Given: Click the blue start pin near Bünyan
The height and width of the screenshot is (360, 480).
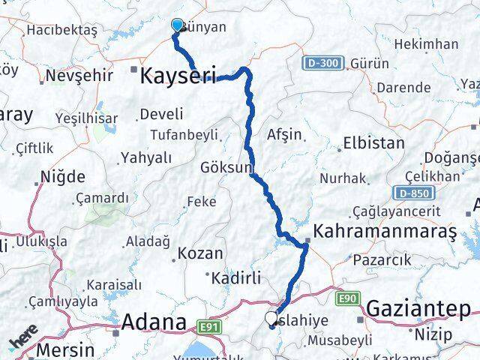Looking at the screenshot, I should (177, 25).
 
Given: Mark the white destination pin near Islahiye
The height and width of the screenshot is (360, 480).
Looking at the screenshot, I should (271, 318).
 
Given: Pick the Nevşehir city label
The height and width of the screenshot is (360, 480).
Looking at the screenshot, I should (76, 76).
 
